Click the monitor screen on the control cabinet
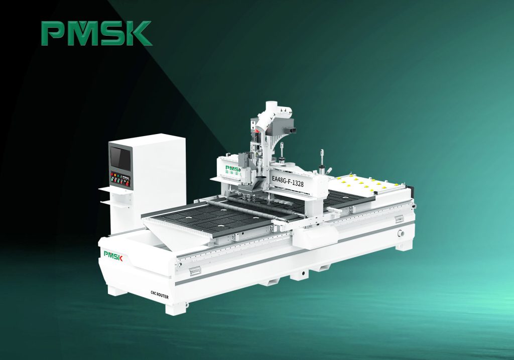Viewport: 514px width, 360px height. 121,158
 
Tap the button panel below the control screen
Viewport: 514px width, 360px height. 120,179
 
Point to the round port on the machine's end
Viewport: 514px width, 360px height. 401,233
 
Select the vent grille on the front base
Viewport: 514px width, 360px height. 194,271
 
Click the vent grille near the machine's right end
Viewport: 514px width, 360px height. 399,219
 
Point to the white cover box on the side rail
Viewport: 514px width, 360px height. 314,235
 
